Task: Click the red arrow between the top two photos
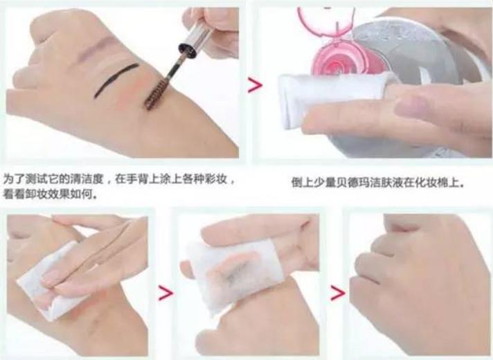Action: point(255,87)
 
